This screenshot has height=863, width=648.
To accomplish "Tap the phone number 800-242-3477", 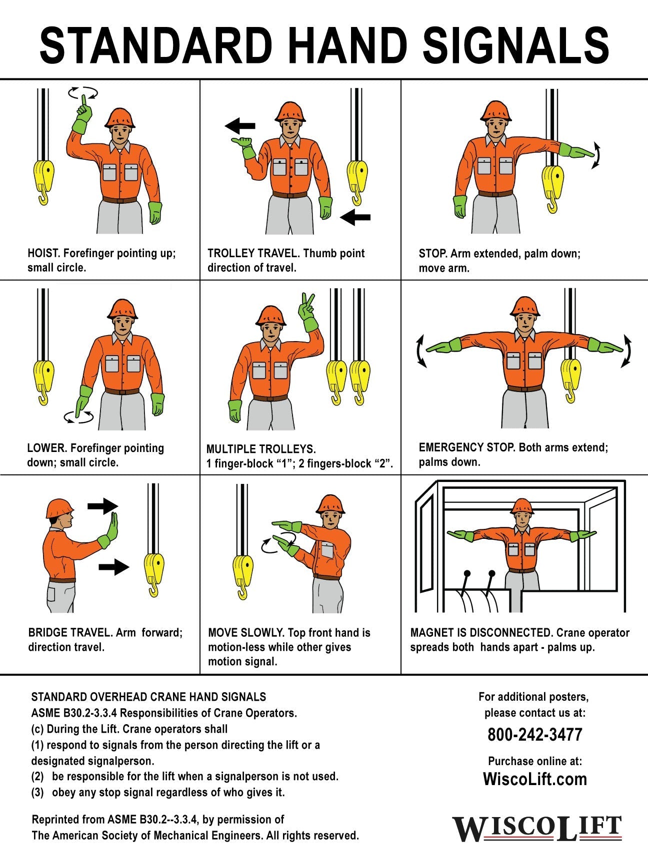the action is point(535,735).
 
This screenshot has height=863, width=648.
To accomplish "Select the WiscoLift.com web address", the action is point(535,779).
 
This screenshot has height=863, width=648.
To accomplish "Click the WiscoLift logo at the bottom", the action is point(537,829).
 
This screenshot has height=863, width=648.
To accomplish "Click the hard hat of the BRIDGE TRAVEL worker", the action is point(59,508).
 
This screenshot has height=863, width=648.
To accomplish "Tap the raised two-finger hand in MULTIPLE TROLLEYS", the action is point(307,313).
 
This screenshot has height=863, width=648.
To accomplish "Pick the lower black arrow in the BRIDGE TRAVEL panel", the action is point(114,566).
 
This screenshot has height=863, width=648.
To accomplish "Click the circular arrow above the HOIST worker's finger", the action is point(83,92).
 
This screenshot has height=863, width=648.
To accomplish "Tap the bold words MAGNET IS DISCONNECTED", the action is point(481,633).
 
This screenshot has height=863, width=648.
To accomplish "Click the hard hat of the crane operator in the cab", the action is point(522,506).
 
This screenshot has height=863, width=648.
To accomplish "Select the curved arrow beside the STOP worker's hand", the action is point(596,155).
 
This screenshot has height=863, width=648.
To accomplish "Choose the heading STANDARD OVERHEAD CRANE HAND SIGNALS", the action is point(148,697).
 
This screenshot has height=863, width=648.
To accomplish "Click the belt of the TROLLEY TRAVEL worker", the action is point(289,195).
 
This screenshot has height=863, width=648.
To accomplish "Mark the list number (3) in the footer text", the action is point(37,793).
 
